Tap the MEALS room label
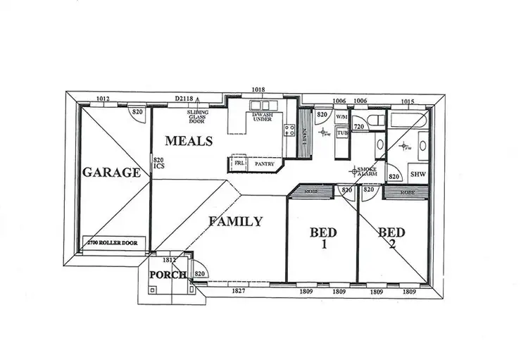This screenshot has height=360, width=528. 188,141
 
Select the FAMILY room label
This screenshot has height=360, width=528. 236,221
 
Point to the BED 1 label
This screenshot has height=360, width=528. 324,238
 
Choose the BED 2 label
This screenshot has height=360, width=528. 391,237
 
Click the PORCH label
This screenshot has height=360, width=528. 168,274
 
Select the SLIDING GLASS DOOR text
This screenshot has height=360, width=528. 196,116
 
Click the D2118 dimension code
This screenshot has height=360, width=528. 185,99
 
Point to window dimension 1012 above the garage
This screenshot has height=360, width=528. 103,99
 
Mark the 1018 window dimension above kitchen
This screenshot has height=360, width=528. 259,90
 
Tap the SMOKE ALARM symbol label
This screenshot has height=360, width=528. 367,171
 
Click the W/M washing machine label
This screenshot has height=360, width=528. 342,117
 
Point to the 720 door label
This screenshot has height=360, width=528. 358,126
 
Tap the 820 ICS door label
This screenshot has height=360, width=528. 158,163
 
